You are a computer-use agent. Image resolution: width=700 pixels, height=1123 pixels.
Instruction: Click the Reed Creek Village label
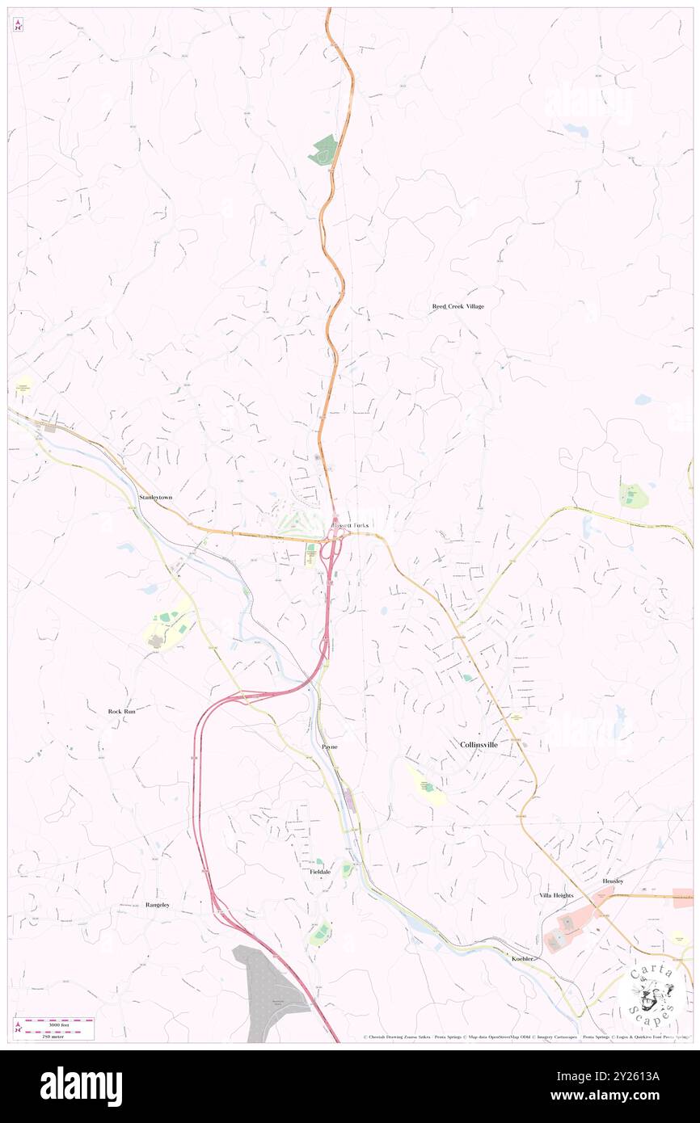tap(458, 307)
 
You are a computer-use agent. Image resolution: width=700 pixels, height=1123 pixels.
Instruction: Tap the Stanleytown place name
tap(155, 498)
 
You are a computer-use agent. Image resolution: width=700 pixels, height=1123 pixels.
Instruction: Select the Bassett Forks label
tap(348, 525)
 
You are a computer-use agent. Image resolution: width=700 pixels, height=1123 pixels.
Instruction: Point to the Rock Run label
tap(122, 711)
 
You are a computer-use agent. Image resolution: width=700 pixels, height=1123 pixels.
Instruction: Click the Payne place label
tap(329, 747)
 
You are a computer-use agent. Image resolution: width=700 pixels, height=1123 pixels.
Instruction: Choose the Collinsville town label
tap(479, 744)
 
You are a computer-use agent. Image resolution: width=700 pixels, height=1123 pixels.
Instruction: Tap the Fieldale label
tap(320, 873)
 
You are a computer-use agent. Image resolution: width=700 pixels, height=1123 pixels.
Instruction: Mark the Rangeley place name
tap(158, 905)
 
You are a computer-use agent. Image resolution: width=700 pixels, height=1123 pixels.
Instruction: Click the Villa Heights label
tap(556, 896)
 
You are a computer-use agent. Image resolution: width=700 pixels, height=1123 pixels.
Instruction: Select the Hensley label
tap(613, 881)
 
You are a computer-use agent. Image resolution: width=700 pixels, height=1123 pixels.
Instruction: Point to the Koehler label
tap(524, 958)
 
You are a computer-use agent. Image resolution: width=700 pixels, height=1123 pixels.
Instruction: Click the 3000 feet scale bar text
tap(53, 1020)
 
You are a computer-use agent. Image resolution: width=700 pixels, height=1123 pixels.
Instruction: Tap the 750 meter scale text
tap(53, 1035)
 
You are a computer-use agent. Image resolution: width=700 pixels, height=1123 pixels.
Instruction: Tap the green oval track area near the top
tap(324, 151)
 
